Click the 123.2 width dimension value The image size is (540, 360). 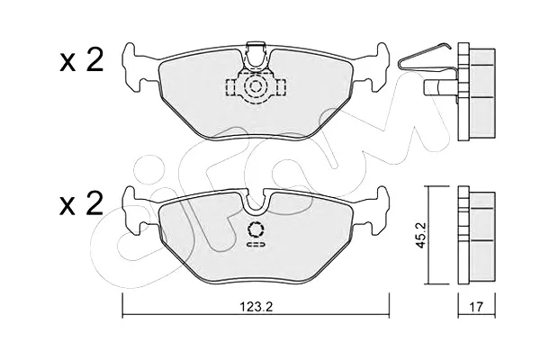click(256, 306)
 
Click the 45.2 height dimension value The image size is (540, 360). click(421, 235)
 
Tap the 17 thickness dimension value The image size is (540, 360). click(477, 306)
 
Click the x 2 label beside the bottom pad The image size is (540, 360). click(81, 203)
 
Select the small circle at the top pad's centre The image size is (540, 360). click(256, 86)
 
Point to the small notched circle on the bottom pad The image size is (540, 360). click(256, 229)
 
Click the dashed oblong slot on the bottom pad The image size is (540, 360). click(256, 244)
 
